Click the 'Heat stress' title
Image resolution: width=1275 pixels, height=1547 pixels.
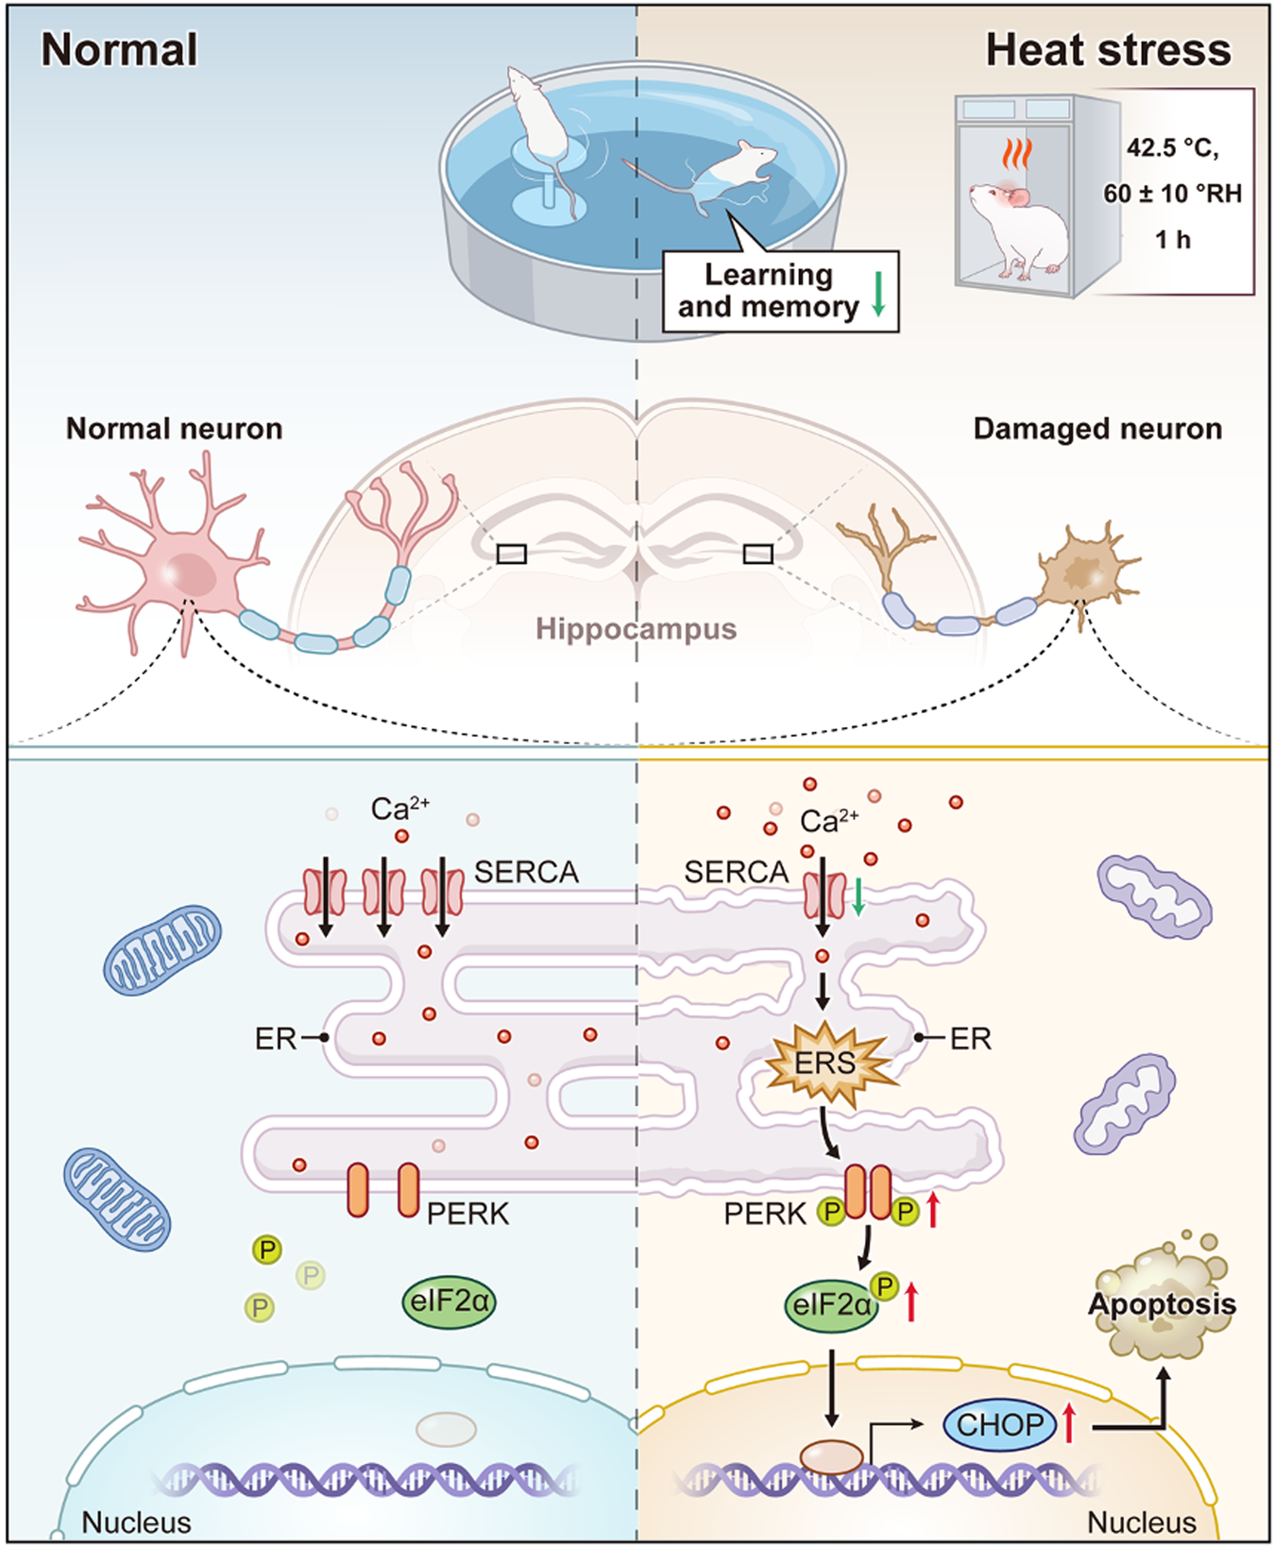1108,50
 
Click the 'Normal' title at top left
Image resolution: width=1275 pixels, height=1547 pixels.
119,50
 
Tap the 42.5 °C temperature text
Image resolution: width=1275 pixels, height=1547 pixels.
1172,148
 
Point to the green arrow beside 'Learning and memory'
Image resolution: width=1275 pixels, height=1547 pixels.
878,294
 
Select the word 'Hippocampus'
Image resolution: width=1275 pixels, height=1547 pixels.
636,629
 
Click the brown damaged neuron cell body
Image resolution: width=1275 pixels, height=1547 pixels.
1080,572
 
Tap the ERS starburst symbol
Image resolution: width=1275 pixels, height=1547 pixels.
825,1063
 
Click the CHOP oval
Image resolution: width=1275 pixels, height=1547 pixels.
999,1424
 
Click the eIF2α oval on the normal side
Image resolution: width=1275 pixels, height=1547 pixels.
449,1302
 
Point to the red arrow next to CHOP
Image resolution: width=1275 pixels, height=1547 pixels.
1069,1422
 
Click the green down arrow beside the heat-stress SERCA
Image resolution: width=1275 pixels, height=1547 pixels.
858,896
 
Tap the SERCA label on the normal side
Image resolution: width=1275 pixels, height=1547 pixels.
526,872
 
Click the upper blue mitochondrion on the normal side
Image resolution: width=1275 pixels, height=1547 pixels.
161,949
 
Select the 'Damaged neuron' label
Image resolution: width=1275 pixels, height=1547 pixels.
1097,429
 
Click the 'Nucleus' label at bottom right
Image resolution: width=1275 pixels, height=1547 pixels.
1141,1521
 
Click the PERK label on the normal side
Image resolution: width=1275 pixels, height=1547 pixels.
467,1214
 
